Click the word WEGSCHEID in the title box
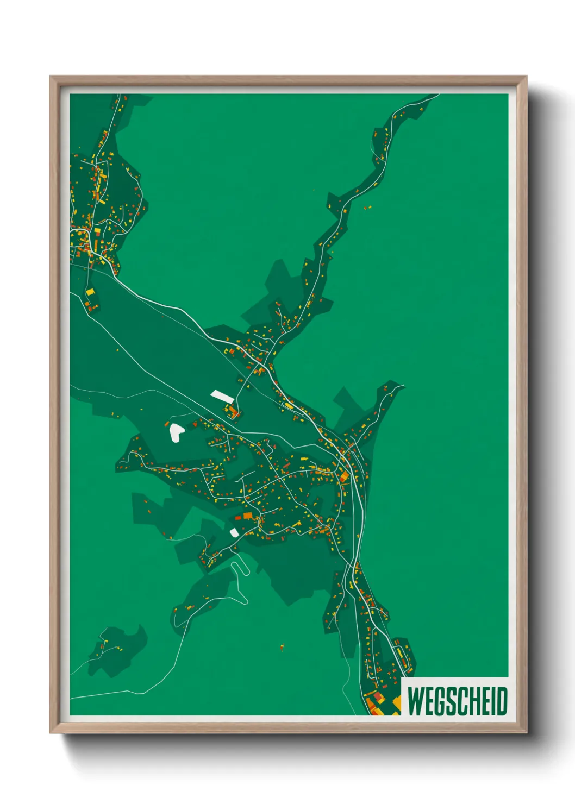click(x=457, y=701)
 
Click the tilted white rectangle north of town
click(x=222, y=395)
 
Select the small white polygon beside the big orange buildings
click(x=234, y=532)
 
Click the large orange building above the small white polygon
click(x=247, y=516)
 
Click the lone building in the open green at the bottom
click(x=282, y=646)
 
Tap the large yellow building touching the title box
click(x=397, y=704)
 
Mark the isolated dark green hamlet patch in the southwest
click(x=117, y=649)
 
